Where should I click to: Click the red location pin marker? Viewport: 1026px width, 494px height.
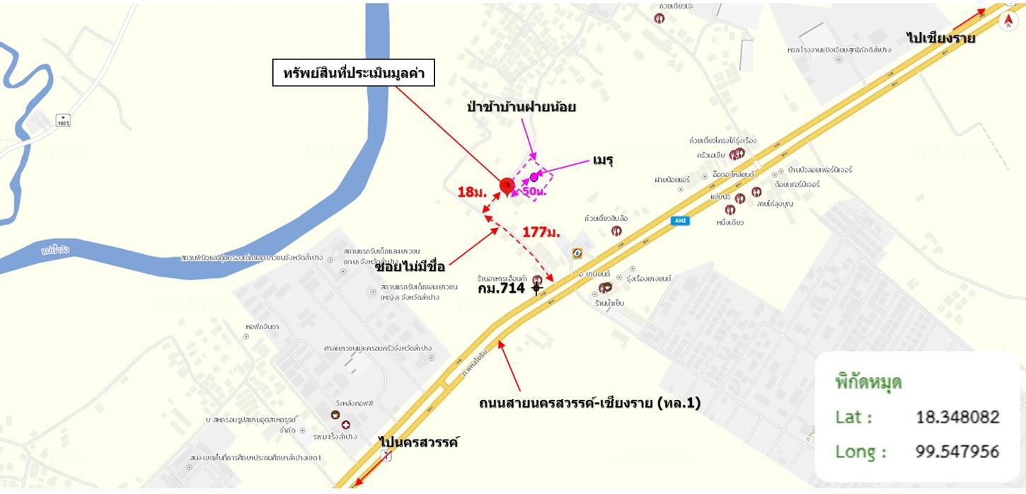(x=506, y=186)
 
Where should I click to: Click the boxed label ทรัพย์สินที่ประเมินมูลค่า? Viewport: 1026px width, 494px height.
(x=353, y=73)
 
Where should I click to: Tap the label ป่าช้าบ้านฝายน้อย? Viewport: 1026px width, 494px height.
(x=521, y=107)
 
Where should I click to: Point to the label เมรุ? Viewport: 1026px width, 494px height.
(x=603, y=161)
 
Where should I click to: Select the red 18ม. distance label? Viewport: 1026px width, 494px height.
(x=471, y=192)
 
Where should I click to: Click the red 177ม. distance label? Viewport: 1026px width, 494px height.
(x=541, y=231)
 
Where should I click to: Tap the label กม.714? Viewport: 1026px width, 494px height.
(x=501, y=288)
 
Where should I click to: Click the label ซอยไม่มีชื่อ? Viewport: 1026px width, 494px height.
(x=410, y=267)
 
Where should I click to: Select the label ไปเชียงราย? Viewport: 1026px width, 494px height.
(x=941, y=38)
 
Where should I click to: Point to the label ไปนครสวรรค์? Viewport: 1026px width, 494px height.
(x=419, y=442)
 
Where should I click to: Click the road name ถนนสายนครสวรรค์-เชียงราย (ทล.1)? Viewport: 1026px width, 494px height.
(x=589, y=403)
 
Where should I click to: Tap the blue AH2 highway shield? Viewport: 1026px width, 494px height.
(x=680, y=221)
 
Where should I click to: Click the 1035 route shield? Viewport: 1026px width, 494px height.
(x=64, y=120)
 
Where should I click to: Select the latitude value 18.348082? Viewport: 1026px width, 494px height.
(x=957, y=417)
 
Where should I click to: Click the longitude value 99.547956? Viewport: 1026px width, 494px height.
(x=957, y=451)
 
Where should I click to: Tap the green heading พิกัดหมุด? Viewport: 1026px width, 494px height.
(x=868, y=382)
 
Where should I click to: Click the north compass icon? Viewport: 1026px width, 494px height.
(x=1008, y=21)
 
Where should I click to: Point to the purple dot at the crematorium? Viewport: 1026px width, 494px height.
(x=534, y=177)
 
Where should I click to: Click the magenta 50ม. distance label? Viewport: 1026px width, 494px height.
(x=534, y=191)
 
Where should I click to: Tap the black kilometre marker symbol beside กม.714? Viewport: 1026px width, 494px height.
(x=536, y=287)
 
